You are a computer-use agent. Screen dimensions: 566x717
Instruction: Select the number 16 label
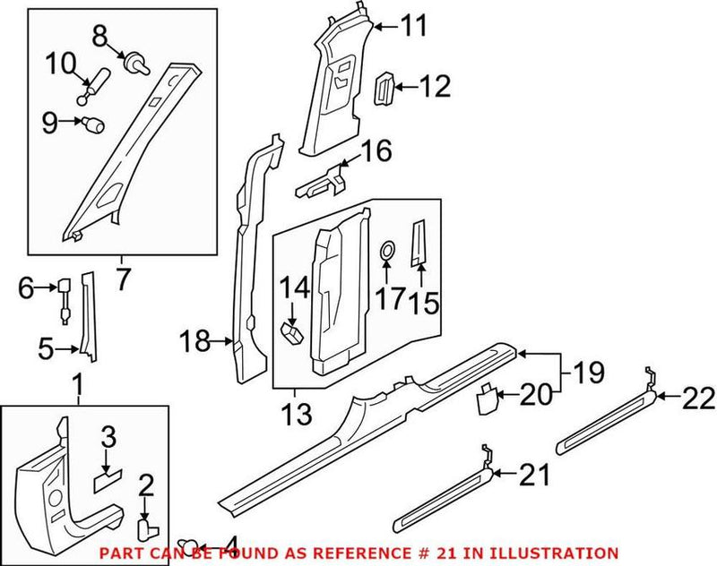(377, 151)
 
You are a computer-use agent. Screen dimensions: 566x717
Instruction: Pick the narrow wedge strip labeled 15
(419, 242)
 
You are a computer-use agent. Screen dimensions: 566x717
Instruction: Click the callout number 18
(195, 340)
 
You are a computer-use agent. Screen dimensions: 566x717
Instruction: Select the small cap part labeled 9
(93, 124)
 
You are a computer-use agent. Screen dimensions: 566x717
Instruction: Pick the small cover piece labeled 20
(485, 397)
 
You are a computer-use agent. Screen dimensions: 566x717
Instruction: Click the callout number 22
(699, 398)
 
